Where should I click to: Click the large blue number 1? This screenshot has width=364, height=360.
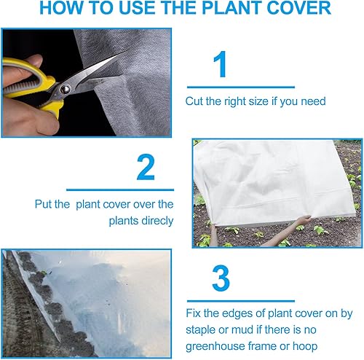(x=220, y=65)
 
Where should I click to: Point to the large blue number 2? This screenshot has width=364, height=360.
(x=146, y=168)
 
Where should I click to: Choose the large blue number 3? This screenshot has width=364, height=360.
(x=220, y=279)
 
